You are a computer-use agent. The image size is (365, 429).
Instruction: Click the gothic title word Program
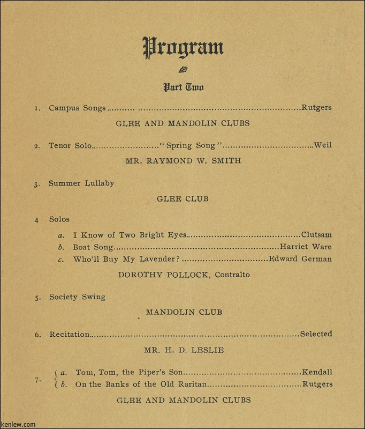[x=183, y=48]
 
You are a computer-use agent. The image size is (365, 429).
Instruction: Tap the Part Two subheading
[x=183, y=87]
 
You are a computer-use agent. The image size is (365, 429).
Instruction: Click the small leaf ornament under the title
[x=183, y=69]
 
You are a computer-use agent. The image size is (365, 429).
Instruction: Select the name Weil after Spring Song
[x=323, y=145]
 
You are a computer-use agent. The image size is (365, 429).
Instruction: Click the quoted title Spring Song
[x=191, y=145]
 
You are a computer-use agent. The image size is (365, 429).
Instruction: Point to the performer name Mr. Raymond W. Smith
[x=183, y=160]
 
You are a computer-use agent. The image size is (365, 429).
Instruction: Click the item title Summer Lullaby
[x=81, y=183]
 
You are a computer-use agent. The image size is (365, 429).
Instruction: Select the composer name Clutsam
[x=316, y=234]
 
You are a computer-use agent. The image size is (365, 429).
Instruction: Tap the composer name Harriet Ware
[x=306, y=247]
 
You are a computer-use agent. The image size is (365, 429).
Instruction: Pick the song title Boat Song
[x=93, y=247]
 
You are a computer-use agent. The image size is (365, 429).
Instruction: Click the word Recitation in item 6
[x=70, y=335]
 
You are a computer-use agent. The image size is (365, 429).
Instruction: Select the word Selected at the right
[x=316, y=334]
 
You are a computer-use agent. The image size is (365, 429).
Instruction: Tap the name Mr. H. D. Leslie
[x=184, y=350]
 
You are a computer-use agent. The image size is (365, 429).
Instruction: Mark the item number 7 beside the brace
[x=37, y=380]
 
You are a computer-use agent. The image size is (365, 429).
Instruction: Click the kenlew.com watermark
[x=18, y=424]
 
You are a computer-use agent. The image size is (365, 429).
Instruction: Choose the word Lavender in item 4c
[x=156, y=259]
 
